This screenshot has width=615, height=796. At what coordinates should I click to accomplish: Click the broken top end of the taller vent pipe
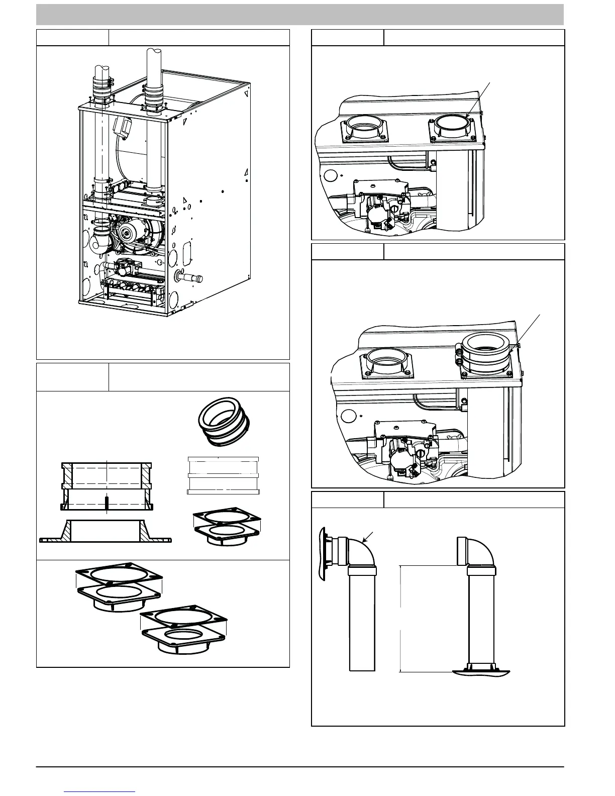pos(153,55)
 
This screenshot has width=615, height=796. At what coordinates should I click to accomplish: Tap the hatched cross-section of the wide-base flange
pos(106,531)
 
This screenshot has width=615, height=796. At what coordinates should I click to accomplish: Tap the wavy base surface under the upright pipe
pos(481,672)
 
